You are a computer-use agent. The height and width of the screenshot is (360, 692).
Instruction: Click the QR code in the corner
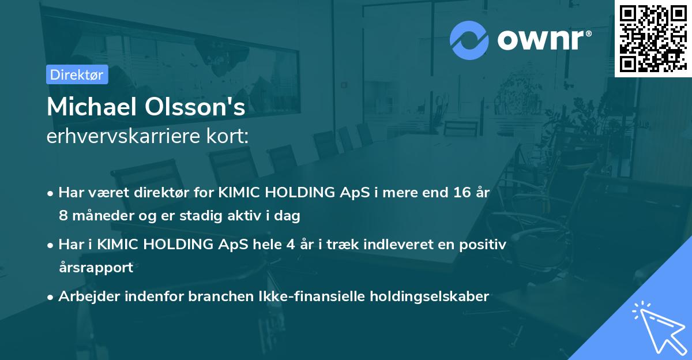click(x=653, y=38)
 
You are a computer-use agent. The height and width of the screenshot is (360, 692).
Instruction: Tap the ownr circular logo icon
click(x=469, y=40)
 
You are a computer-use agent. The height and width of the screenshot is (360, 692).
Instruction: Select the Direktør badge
click(x=77, y=74)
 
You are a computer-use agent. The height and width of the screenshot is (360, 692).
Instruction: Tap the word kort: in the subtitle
click(x=232, y=137)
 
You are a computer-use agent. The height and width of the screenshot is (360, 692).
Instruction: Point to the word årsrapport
click(x=96, y=268)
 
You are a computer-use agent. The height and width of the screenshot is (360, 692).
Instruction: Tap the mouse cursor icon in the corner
click(x=657, y=327)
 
